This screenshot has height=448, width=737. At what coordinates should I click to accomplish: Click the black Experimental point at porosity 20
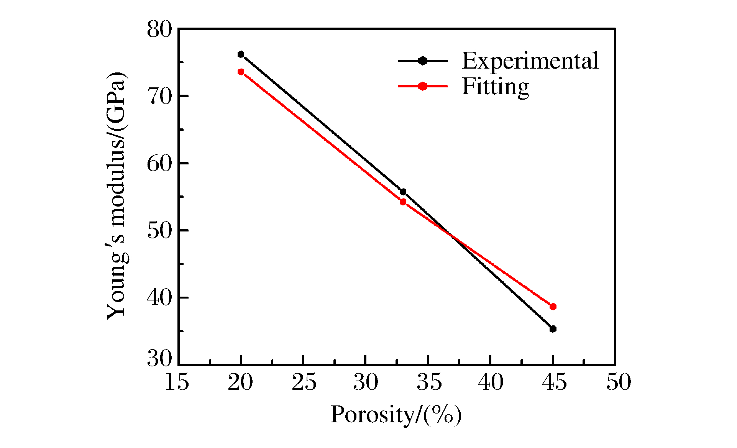pyautogui.click(x=241, y=54)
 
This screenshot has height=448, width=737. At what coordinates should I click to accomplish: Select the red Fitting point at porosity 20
pyautogui.click(x=241, y=72)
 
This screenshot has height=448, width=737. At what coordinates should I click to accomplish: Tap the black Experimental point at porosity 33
pyautogui.click(x=403, y=192)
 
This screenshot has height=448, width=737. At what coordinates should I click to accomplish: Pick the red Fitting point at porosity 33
pyautogui.click(x=403, y=202)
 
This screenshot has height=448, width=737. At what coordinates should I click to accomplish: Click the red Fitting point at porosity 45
pyautogui.click(x=553, y=307)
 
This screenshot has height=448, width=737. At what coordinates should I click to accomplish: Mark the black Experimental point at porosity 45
pyautogui.click(x=553, y=329)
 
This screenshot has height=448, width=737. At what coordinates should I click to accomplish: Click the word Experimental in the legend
pyautogui.click(x=530, y=61)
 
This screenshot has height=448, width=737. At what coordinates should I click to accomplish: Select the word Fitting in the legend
pyautogui.click(x=495, y=87)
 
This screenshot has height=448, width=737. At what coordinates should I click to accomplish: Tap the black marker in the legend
pyautogui.click(x=423, y=61)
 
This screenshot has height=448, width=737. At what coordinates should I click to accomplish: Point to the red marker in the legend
pyautogui.click(x=423, y=86)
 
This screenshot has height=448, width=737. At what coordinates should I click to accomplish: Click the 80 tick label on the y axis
pyautogui.click(x=159, y=30)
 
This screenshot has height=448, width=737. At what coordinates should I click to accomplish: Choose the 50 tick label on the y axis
pyautogui.click(x=159, y=231)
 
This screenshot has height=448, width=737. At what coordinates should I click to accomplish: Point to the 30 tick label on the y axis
pyautogui.click(x=159, y=359)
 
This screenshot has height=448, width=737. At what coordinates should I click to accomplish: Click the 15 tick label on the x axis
pyautogui.click(x=177, y=382)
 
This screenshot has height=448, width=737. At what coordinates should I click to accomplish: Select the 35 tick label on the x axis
pyautogui.click(x=429, y=382)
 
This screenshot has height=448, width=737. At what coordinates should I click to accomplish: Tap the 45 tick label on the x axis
pyautogui.click(x=554, y=382)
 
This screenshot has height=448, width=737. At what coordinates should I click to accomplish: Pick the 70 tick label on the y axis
pyautogui.click(x=159, y=97)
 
